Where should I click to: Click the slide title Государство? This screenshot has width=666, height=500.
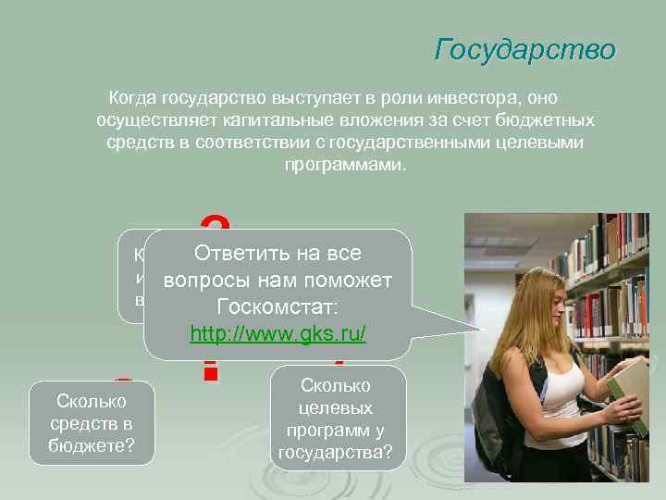coord(524,49)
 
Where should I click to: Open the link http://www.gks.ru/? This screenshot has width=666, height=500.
coord(277,333)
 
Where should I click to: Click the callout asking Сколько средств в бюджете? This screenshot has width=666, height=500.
coord(92,424)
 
